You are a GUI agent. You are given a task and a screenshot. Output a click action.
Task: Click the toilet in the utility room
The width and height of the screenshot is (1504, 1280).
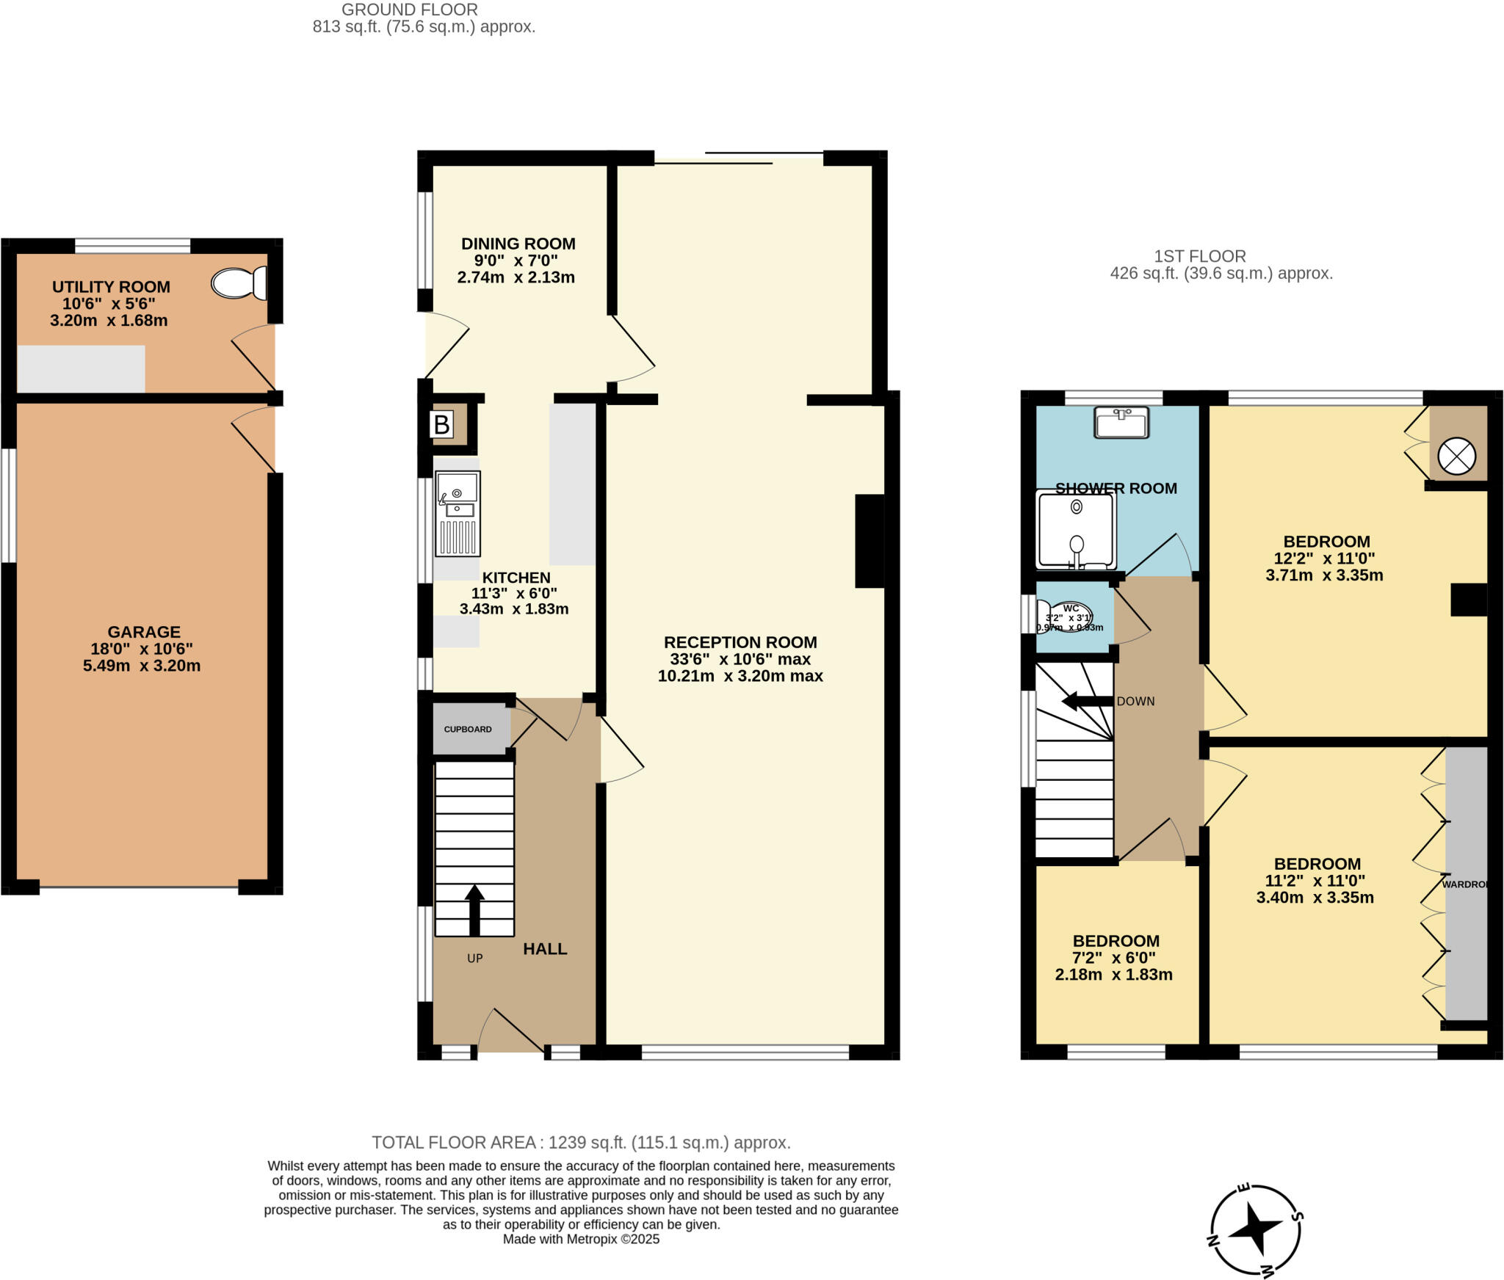(239, 283)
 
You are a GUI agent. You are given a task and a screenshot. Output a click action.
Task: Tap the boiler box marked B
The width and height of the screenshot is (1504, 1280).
(441, 425)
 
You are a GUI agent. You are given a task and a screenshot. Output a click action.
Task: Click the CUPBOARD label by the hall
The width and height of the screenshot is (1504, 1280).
(468, 729)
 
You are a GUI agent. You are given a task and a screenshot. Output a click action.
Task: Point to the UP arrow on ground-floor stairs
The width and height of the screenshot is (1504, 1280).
(474, 909)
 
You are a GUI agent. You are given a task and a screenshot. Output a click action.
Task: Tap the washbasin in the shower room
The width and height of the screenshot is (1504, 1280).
(1121, 423)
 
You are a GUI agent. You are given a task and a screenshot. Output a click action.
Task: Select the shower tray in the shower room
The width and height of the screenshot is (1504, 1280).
(1076, 531)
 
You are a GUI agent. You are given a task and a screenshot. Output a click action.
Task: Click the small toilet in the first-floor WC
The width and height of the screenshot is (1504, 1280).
(1065, 617)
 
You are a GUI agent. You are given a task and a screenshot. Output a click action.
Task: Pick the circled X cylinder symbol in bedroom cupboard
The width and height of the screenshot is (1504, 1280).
(1456, 456)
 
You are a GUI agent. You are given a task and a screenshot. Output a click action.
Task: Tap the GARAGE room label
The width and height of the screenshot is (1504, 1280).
(144, 632)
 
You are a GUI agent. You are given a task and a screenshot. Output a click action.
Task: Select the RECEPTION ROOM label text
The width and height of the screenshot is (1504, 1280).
(740, 642)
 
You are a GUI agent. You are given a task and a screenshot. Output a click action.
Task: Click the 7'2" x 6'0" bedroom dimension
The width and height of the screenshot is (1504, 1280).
(1114, 958)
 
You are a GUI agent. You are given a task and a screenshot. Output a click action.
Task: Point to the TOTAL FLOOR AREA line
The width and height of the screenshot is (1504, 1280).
(581, 1143)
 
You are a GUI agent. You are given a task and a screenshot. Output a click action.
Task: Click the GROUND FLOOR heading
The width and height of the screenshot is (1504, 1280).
(409, 10)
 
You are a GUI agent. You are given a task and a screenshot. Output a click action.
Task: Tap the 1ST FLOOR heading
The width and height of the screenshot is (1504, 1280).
(1200, 257)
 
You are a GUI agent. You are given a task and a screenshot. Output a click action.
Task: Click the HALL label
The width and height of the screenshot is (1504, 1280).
(545, 949)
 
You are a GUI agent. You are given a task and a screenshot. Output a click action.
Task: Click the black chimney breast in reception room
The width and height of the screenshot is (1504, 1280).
(869, 541)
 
